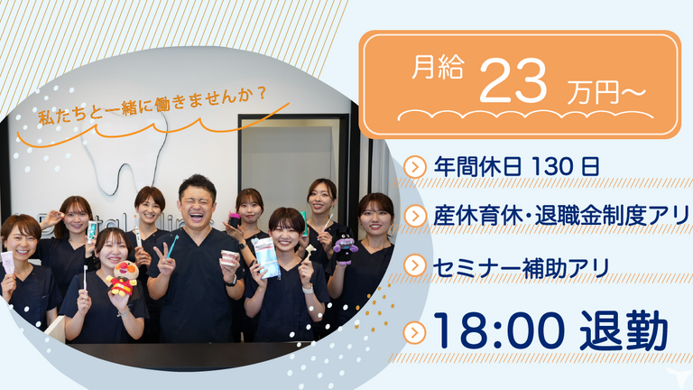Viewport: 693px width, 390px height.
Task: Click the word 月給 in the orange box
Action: pos(438,68)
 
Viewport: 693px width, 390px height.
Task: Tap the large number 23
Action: pos(513,81)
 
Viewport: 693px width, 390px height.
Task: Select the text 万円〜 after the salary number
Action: pos(606,93)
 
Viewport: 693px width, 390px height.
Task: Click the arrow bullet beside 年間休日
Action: pos(415,167)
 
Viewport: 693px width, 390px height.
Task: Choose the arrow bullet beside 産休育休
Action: pos(415,217)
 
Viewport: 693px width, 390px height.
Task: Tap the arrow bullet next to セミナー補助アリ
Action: pos(415,265)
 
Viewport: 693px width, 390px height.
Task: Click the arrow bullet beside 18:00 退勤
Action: pos(415,333)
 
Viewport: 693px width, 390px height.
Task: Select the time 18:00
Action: pos(499,330)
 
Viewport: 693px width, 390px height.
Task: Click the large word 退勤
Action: pos(624,330)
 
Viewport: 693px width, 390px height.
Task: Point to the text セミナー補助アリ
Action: pos(522,267)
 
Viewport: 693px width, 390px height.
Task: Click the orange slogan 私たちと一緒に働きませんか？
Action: pos(152,107)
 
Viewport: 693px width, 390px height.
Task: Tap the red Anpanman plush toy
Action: pos(122,278)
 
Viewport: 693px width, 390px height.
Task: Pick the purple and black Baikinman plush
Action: pos(346,247)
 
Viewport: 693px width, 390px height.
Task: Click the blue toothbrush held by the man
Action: pos(173,246)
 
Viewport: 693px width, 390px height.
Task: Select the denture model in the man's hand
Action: pos(230,258)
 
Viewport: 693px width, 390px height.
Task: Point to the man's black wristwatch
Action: pos(231,281)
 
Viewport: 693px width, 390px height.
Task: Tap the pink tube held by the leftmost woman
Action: pos(7,262)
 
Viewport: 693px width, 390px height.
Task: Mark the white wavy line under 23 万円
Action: pos(525,115)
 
